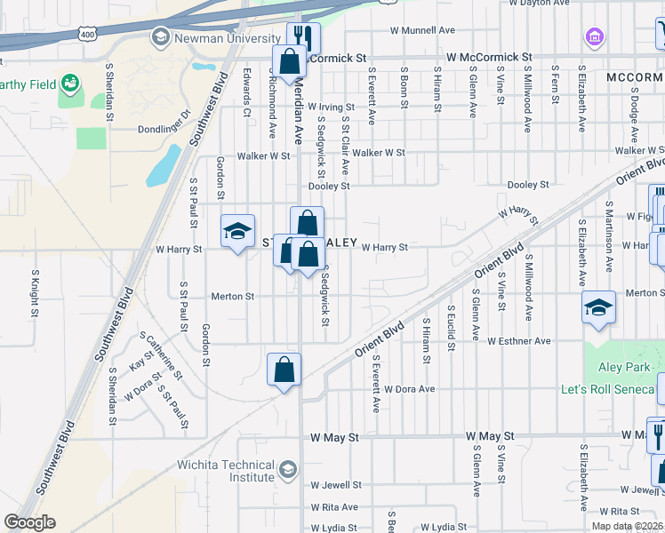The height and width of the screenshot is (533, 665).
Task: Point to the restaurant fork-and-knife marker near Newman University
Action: tap(304, 36)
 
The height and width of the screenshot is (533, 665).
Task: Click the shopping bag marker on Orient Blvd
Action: tap(284, 369)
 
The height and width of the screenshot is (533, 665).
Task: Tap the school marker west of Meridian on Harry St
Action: tap(237, 232)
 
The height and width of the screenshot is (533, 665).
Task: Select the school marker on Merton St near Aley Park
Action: tap(598, 308)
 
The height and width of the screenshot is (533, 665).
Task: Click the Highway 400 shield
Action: tap(86, 34)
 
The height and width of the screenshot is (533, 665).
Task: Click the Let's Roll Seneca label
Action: tap(608, 390)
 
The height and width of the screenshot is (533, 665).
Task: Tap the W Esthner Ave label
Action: tap(519, 341)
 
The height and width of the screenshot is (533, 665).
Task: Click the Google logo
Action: tap(29, 522)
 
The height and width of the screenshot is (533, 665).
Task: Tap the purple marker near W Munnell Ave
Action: tap(594, 37)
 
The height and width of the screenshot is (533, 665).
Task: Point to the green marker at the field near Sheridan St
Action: tap(70, 85)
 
